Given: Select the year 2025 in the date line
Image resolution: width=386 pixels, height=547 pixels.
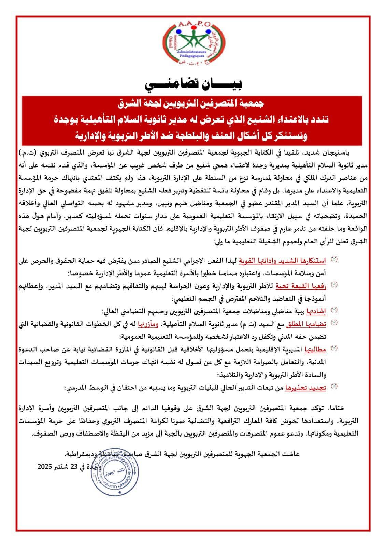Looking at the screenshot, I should point(45,466).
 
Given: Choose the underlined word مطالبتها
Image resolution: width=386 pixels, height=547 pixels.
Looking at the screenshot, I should point(315,349).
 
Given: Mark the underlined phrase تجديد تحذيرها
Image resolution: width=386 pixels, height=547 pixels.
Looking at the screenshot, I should point(309,387).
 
